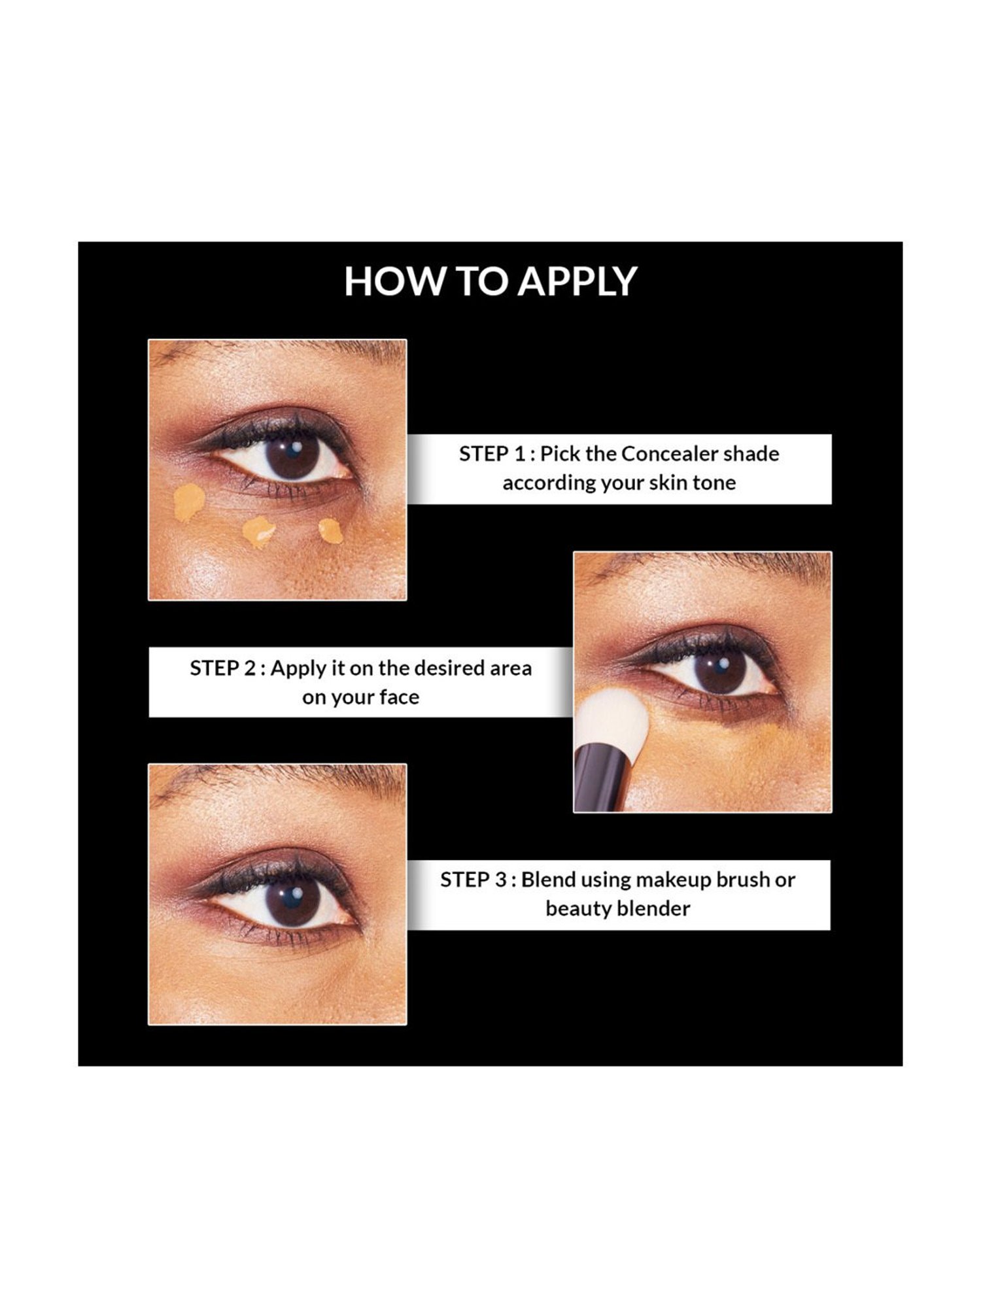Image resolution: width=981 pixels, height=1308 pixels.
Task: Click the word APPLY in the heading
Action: point(578,281)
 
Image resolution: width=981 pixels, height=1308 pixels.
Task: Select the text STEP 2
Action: point(223,668)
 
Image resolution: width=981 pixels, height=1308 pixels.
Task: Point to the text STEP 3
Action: point(473,880)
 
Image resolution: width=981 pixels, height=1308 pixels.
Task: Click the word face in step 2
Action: point(399,697)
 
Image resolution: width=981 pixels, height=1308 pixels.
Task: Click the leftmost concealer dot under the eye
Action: point(189,502)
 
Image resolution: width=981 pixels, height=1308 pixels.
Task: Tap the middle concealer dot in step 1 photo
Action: point(259,532)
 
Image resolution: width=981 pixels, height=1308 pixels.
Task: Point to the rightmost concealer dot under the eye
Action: point(331,530)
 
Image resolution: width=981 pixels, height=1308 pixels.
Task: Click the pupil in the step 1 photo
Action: point(293,456)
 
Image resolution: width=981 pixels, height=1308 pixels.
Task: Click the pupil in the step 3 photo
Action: point(292,901)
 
